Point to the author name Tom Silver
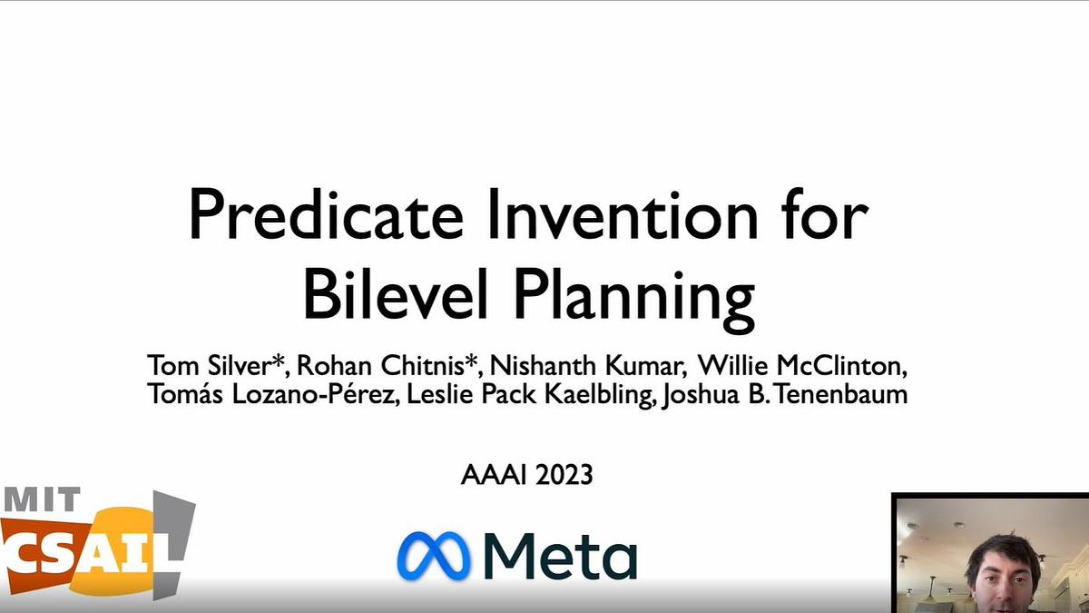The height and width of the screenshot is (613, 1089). (x=211, y=367)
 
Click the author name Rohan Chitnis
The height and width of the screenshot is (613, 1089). (x=391, y=367)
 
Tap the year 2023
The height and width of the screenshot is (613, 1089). (x=564, y=475)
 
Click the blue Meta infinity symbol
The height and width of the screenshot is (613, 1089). (x=433, y=556)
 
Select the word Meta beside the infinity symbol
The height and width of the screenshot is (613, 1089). (x=558, y=556)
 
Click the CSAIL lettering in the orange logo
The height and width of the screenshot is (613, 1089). (x=82, y=549)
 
